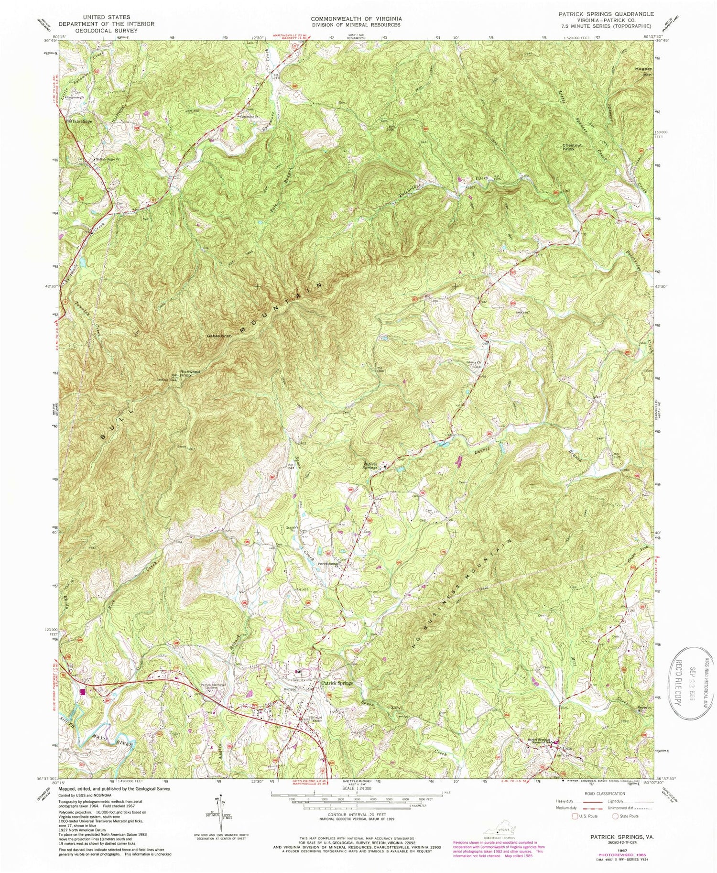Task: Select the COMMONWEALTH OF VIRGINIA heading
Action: pos(356,18)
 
